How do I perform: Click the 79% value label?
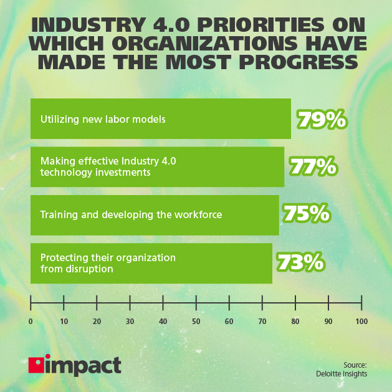(321, 119)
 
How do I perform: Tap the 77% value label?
(313, 167)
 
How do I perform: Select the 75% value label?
(306, 214)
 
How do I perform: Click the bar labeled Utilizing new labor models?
(160, 119)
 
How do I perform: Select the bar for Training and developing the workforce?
(154, 215)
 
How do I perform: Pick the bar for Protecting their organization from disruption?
(151, 263)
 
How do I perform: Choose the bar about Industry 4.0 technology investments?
(157, 167)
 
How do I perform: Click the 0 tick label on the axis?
(31, 322)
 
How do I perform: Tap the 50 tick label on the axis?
(196, 322)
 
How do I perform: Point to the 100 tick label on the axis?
(361, 322)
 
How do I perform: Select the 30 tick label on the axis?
(130, 322)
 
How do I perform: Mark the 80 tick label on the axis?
(295, 322)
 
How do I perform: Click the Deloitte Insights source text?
(342, 374)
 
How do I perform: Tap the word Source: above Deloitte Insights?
(355, 365)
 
